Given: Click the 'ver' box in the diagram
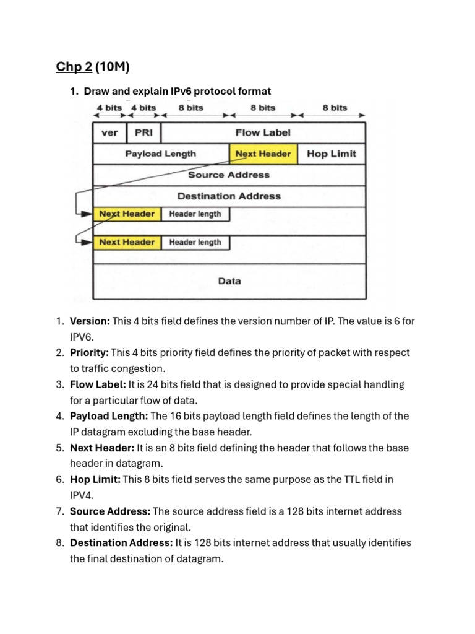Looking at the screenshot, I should pyautogui.click(x=109, y=133).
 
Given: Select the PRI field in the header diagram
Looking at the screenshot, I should pyautogui.click(x=143, y=133).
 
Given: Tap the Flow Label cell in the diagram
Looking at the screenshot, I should pyautogui.click(x=263, y=133).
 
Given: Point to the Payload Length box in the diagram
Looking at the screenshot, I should pyautogui.click(x=161, y=154).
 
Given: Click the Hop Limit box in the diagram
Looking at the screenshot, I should pyautogui.click(x=332, y=154).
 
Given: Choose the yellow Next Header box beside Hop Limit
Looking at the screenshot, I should pyautogui.click(x=263, y=154).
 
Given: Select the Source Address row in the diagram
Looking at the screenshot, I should pyautogui.click(x=229, y=175).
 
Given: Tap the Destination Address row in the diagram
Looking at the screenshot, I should pyautogui.click(x=229, y=196).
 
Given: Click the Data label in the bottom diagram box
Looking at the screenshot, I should pyautogui.click(x=229, y=281).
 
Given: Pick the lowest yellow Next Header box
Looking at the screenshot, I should pyautogui.click(x=127, y=242).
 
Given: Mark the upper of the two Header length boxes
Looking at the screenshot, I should pyautogui.click(x=195, y=214).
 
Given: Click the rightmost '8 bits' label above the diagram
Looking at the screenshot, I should pyautogui.click(x=335, y=108).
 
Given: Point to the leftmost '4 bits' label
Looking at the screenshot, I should pyautogui.click(x=109, y=108).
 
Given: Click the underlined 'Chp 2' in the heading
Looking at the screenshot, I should pyautogui.click(x=70, y=67).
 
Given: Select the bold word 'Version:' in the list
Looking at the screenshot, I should pyautogui.click(x=90, y=321).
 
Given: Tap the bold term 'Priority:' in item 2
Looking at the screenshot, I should pyautogui.click(x=89, y=353).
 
